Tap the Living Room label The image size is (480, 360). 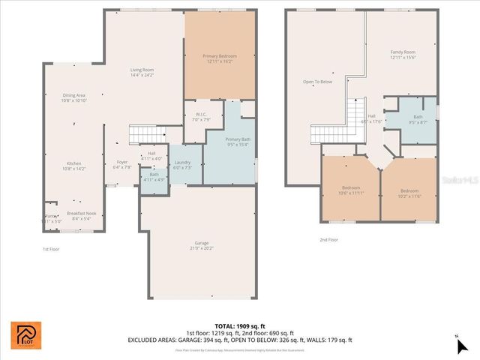[142, 72]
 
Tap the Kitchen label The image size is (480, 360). [73, 166]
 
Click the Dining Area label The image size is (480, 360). [73, 97]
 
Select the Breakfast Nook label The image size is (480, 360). [81, 215]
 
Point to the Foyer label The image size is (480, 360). [121, 164]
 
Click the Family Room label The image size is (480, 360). [402, 55]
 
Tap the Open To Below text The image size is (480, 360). [317, 82]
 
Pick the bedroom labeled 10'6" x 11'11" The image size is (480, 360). [350, 190]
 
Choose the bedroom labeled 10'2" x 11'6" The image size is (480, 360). [409, 192]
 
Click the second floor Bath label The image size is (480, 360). [417, 118]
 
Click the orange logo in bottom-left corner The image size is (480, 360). [22, 334]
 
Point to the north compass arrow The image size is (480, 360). [463, 346]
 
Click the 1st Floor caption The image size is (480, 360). [50, 248]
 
